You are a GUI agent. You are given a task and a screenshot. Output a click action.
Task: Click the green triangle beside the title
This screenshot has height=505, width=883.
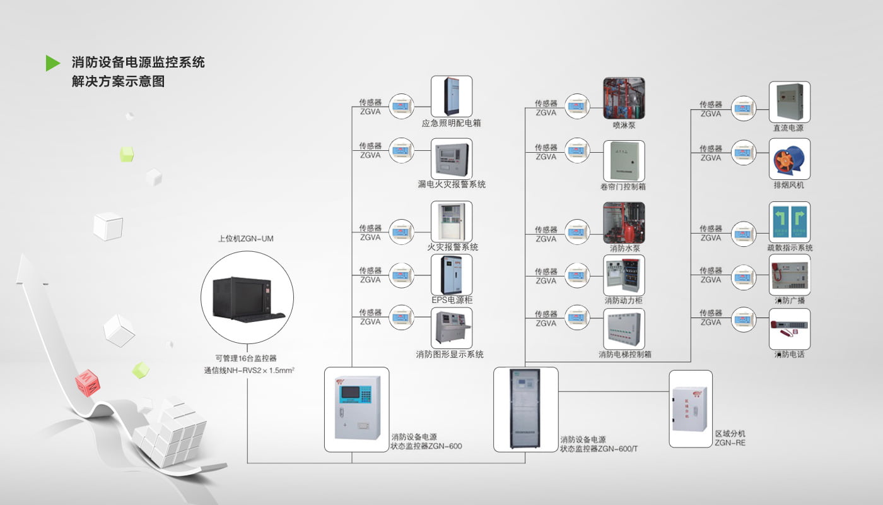click(x=52, y=63)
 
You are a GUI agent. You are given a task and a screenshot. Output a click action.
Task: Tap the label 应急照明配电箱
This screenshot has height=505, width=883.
click(x=451, y=123)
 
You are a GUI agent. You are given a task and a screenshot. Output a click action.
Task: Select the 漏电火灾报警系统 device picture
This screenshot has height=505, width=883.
click(x=451, y=158)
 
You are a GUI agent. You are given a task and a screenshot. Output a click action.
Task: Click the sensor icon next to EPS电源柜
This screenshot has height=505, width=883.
click(x=401, y=275)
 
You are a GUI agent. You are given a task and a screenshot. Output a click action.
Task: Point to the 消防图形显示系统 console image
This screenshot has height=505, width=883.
click(x=451, y=328)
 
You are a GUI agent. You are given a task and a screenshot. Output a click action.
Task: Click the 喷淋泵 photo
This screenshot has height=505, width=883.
click(x=624, y=98)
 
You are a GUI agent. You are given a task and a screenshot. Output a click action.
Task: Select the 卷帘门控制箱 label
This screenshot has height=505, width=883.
click(x=623, y=187)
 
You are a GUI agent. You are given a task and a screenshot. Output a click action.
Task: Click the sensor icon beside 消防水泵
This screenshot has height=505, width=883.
click(x=577, y=234)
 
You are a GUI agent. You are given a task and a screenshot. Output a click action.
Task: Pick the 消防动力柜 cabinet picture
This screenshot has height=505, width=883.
click(x=624, y=275)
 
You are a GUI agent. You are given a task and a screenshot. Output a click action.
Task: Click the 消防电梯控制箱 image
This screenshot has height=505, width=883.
click(x=624, y=328)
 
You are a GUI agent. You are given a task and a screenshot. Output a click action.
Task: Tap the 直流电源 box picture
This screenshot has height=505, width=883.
click(x=789, y=102)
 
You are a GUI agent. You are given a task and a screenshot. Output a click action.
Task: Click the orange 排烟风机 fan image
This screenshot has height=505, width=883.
click(x=789, y=159)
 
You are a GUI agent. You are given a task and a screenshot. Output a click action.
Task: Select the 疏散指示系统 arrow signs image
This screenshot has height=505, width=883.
click(x=789, y=222)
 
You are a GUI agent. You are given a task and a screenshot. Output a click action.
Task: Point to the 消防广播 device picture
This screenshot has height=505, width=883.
click(x=789, y=275)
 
